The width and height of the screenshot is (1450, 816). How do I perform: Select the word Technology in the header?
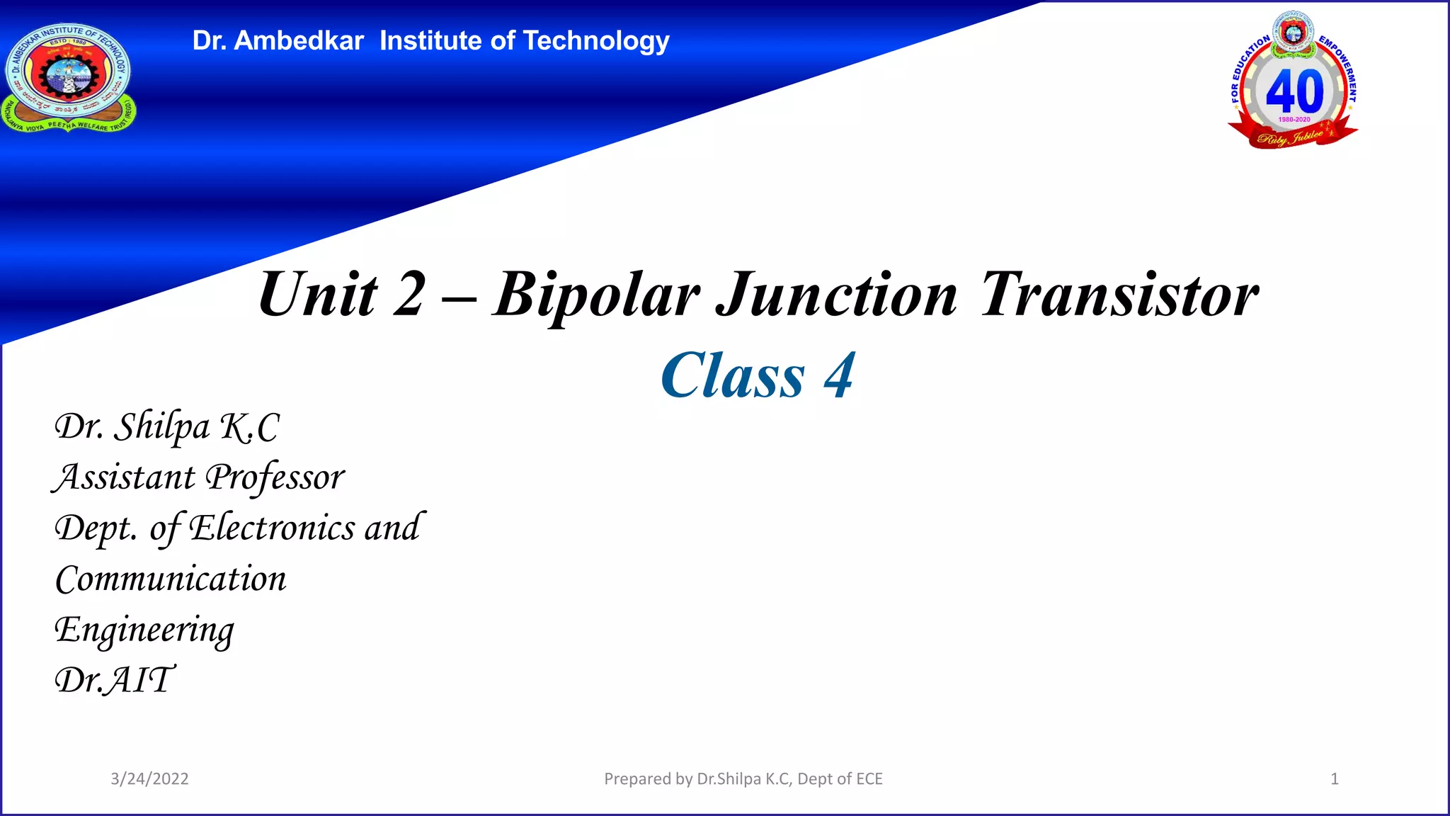point(596,42)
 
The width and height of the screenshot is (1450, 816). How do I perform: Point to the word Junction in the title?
point(837,295)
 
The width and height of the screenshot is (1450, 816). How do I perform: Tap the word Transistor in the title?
point(1119,295)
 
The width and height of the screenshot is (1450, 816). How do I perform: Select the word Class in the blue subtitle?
point(733,376)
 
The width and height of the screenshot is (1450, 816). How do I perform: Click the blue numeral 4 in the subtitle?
point(839,376)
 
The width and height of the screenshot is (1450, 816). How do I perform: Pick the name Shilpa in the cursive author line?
point(162,427)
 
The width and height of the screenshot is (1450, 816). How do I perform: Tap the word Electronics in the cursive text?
point(272,528)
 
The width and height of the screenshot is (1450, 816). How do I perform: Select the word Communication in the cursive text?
point(171,579)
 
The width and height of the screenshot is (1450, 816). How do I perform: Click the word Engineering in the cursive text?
point(144,630)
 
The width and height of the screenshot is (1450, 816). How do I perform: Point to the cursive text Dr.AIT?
point(114,681)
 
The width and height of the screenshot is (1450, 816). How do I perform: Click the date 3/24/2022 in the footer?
point(149,779)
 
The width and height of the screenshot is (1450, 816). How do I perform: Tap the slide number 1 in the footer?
point(1335,779)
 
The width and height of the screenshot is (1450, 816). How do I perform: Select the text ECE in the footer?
point(869,779)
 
